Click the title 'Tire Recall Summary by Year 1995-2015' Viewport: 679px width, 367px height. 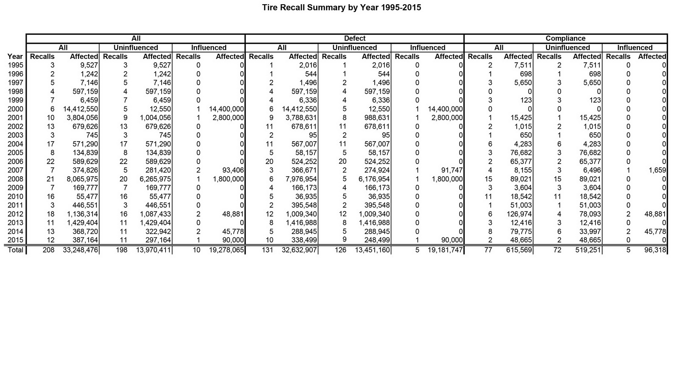(x=342, y=8)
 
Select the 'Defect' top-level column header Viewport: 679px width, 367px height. (x=354, y=39)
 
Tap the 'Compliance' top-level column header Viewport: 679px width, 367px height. (x=565, y=39)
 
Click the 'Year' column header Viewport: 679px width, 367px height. (x=15, y=56)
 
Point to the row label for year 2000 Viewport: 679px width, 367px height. (x=15, y=109)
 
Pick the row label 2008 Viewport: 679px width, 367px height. (x=15, y=179)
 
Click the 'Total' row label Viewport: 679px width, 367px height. (x=15, y=250)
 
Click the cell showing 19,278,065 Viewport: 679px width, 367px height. (x=227, y=250)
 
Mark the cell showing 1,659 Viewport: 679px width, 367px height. (x=657, y=170)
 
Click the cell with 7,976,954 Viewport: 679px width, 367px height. (x=301, y=179)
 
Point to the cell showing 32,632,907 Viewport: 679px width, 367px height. (x=299, y=250)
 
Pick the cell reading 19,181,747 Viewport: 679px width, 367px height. (x=445, y=250)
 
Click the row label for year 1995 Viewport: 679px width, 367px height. (x=15, y=65)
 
